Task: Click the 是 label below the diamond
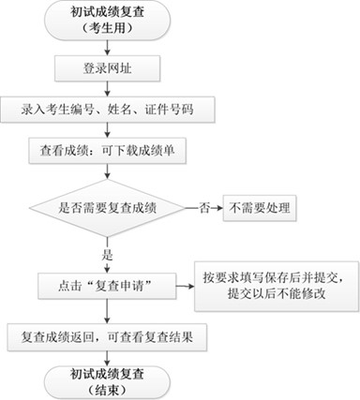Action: tap(109, 252)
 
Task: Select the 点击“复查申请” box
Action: tap(109, 282)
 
